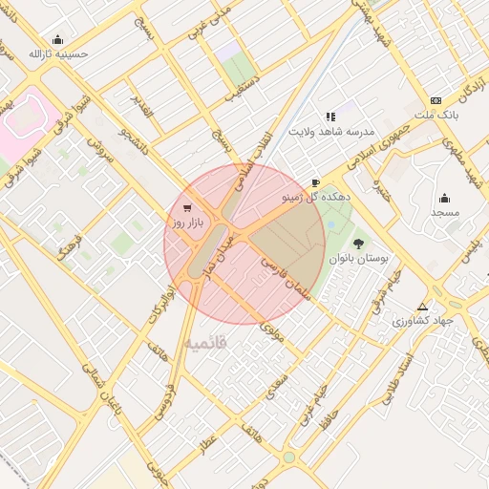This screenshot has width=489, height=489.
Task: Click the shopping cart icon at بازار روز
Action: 186,207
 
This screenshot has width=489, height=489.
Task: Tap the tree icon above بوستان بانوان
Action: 359,244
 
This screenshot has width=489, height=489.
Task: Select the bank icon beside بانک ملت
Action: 436,100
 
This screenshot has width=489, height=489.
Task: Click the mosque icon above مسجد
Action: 445,199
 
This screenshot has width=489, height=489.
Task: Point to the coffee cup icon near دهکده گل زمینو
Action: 316,182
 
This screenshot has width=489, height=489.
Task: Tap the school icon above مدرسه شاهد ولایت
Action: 330,117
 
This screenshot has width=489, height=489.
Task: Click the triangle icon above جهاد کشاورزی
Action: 423,307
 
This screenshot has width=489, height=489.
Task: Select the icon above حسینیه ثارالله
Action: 59,40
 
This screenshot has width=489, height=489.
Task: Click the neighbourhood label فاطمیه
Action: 205,341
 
